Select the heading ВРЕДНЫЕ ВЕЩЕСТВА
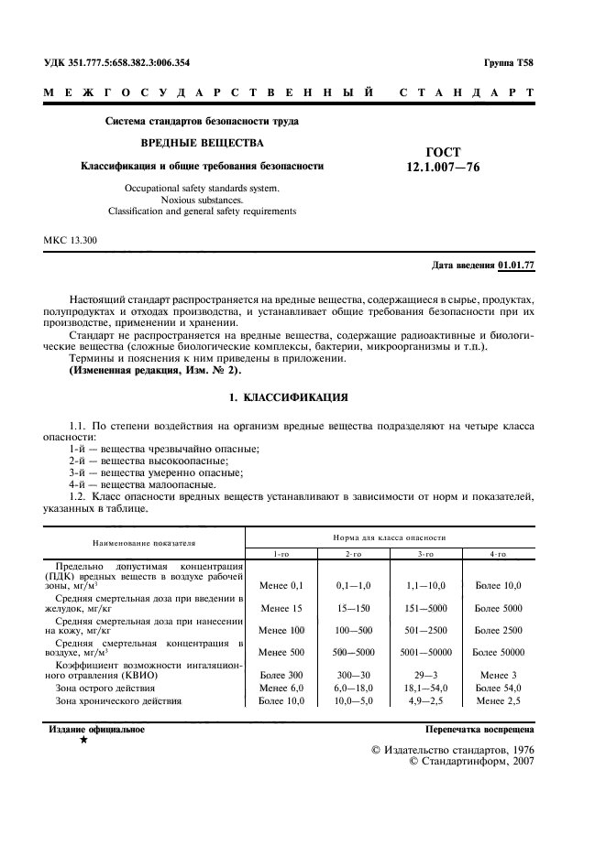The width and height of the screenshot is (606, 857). point(201,144)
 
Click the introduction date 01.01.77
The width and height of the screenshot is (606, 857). point(516,266)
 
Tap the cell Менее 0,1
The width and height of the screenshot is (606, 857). point(281,583)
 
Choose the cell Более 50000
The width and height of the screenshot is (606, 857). point(498,652)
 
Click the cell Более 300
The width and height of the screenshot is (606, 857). point(281,675)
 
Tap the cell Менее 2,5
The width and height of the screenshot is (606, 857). point(498,700)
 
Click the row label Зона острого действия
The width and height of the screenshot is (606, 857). point(105,688)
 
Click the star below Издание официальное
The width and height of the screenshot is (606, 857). point(84,740)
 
